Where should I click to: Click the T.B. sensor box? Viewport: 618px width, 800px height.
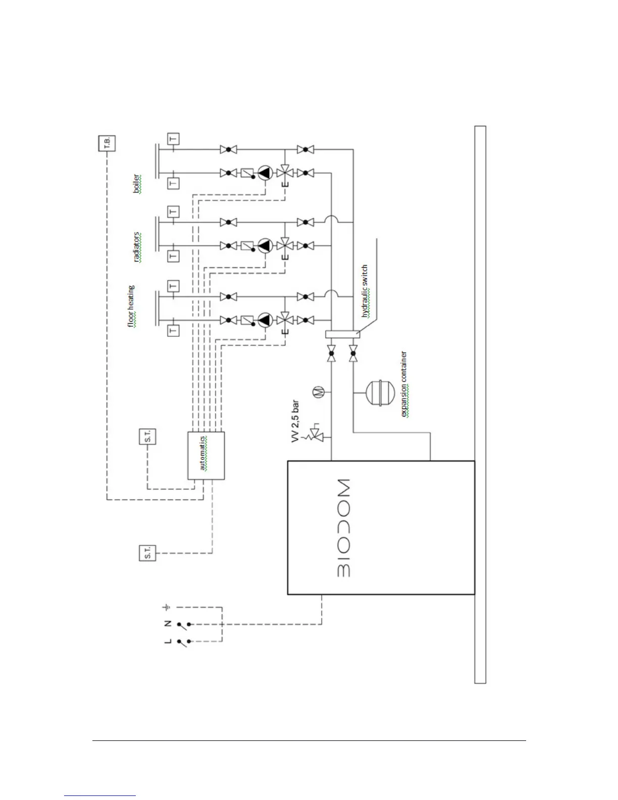pyautogui.click(x=107, y=143)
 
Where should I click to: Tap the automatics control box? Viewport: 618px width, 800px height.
pyautogui.click(x=205, y=455)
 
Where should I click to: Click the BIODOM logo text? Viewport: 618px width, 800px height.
pyautogui.click(x=343, y=528)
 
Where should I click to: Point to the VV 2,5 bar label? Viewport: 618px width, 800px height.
pyautogui.click(x=295, y=421)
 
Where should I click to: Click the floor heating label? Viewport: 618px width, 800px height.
pyautogui.click(x=131, y=306)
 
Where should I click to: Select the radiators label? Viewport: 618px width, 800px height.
pyautogui.click(x=137, y=247)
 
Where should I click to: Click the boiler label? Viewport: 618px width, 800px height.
pyautogui.click(x=136, y=184)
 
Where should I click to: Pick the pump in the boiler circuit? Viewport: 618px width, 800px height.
pyautogui.click(x=265, y=173)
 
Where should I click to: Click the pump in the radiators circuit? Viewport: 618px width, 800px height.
pyautogui.click(x=265, y=246)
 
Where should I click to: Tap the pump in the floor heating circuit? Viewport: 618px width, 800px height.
pyautogui.click(x=265, y=320)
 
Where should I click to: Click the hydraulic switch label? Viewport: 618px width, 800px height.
pyautogui.click(x=365, y=291)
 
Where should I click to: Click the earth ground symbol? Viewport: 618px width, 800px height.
pyautogui.click(x=167, y=607)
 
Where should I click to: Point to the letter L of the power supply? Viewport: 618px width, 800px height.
pyautogui.click(x=168, y=641)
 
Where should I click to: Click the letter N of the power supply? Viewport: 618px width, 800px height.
pyautogui.click(x=168, y=623)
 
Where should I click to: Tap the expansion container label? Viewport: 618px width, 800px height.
pyautogui.click(x=404, y=384)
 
